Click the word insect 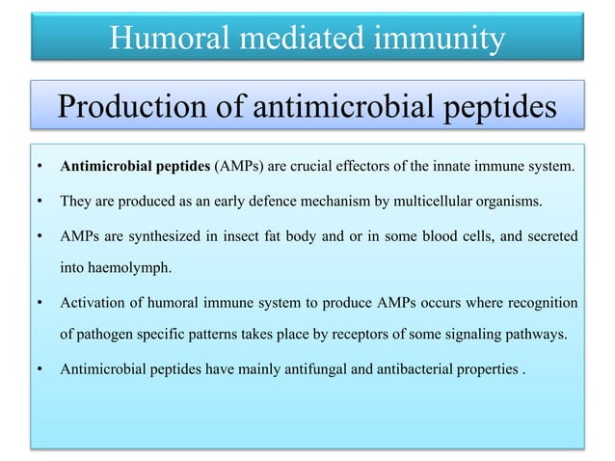click(x=231, y=238)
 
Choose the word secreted click(x=549, y=238)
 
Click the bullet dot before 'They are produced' click(x=38, y=202)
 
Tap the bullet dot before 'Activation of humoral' click(x=38, y=306)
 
